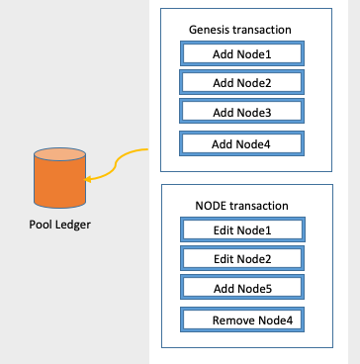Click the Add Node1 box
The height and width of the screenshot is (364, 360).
242,52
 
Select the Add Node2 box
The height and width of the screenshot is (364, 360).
242,82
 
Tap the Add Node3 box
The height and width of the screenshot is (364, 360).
242,112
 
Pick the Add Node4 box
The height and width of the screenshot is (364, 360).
242,143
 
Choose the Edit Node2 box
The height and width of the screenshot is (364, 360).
242,259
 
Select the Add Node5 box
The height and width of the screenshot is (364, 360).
242,289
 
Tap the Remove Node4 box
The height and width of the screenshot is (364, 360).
242,320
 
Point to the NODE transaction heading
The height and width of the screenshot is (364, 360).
242,206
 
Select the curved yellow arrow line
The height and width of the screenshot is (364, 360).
121,158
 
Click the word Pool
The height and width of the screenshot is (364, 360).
41,225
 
